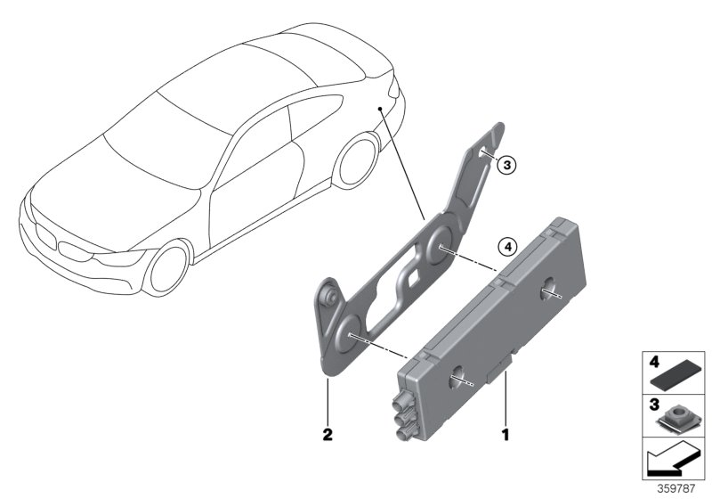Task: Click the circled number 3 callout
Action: pos(506,165)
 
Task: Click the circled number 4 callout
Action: pos(507,247)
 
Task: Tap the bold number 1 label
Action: pos(506,435)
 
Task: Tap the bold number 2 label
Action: pos(328,435)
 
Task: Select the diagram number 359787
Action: pos(676,488)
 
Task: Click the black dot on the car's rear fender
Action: pos(380,109)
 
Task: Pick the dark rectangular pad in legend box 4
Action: pos(674,378)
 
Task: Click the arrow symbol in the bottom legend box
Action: pos(671,459)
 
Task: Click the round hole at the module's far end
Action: pos(549,289)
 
